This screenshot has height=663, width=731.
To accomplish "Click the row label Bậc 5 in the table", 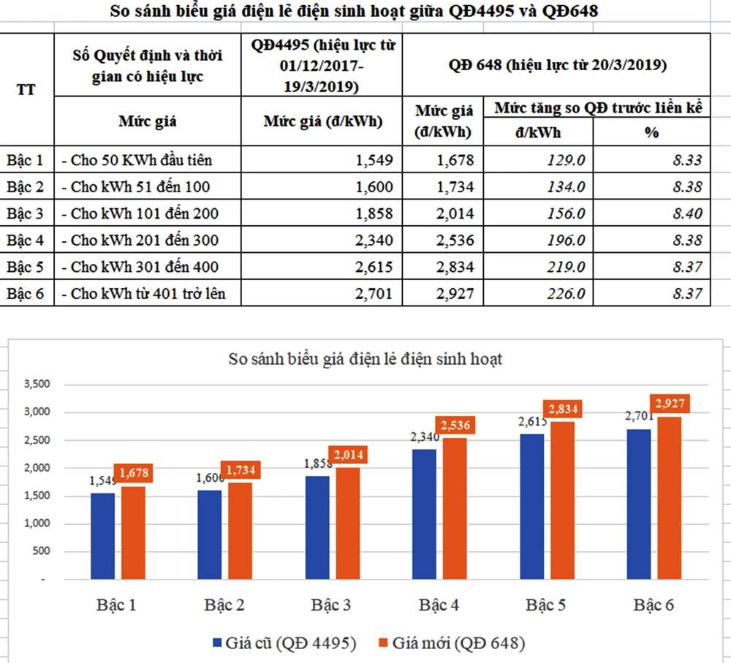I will click(25, 267).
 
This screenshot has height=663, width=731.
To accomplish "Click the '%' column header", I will click(651, 132).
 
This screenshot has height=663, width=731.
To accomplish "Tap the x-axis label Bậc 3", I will click(330, 605).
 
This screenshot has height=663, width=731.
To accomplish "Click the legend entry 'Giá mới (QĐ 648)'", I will click(450, 644).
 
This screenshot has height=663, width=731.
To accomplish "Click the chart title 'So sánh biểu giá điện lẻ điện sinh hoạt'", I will click(365, 359).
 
